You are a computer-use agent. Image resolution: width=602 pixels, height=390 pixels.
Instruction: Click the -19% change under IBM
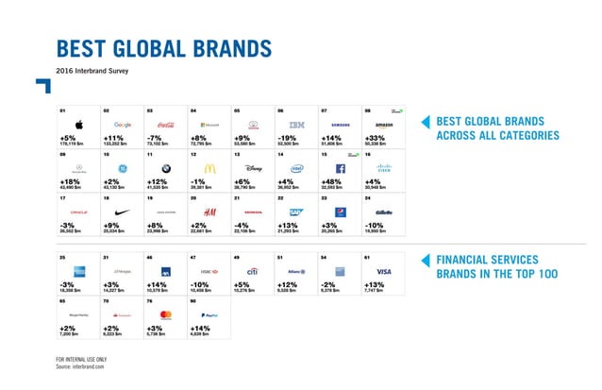pyautogui.click(x=288, y=137)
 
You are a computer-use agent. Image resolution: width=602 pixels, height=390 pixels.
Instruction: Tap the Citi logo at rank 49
pyautogui.click(x=253, y=271)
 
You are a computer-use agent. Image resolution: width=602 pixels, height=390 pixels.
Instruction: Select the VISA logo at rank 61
pyautogui.click(x=383, y=271)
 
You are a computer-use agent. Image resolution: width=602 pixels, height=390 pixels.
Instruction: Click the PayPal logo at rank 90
pyautogui.click(x=209, y=314)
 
